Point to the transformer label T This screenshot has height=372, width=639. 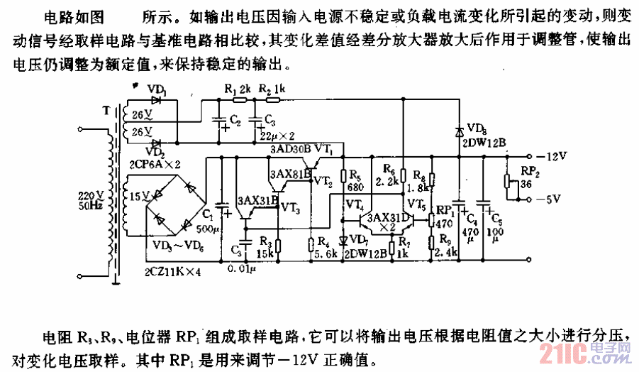click(x=106, y=111)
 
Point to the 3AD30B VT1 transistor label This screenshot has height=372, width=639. click(x=301, y=151)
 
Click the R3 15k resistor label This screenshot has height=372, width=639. click(x=266, y=248)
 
